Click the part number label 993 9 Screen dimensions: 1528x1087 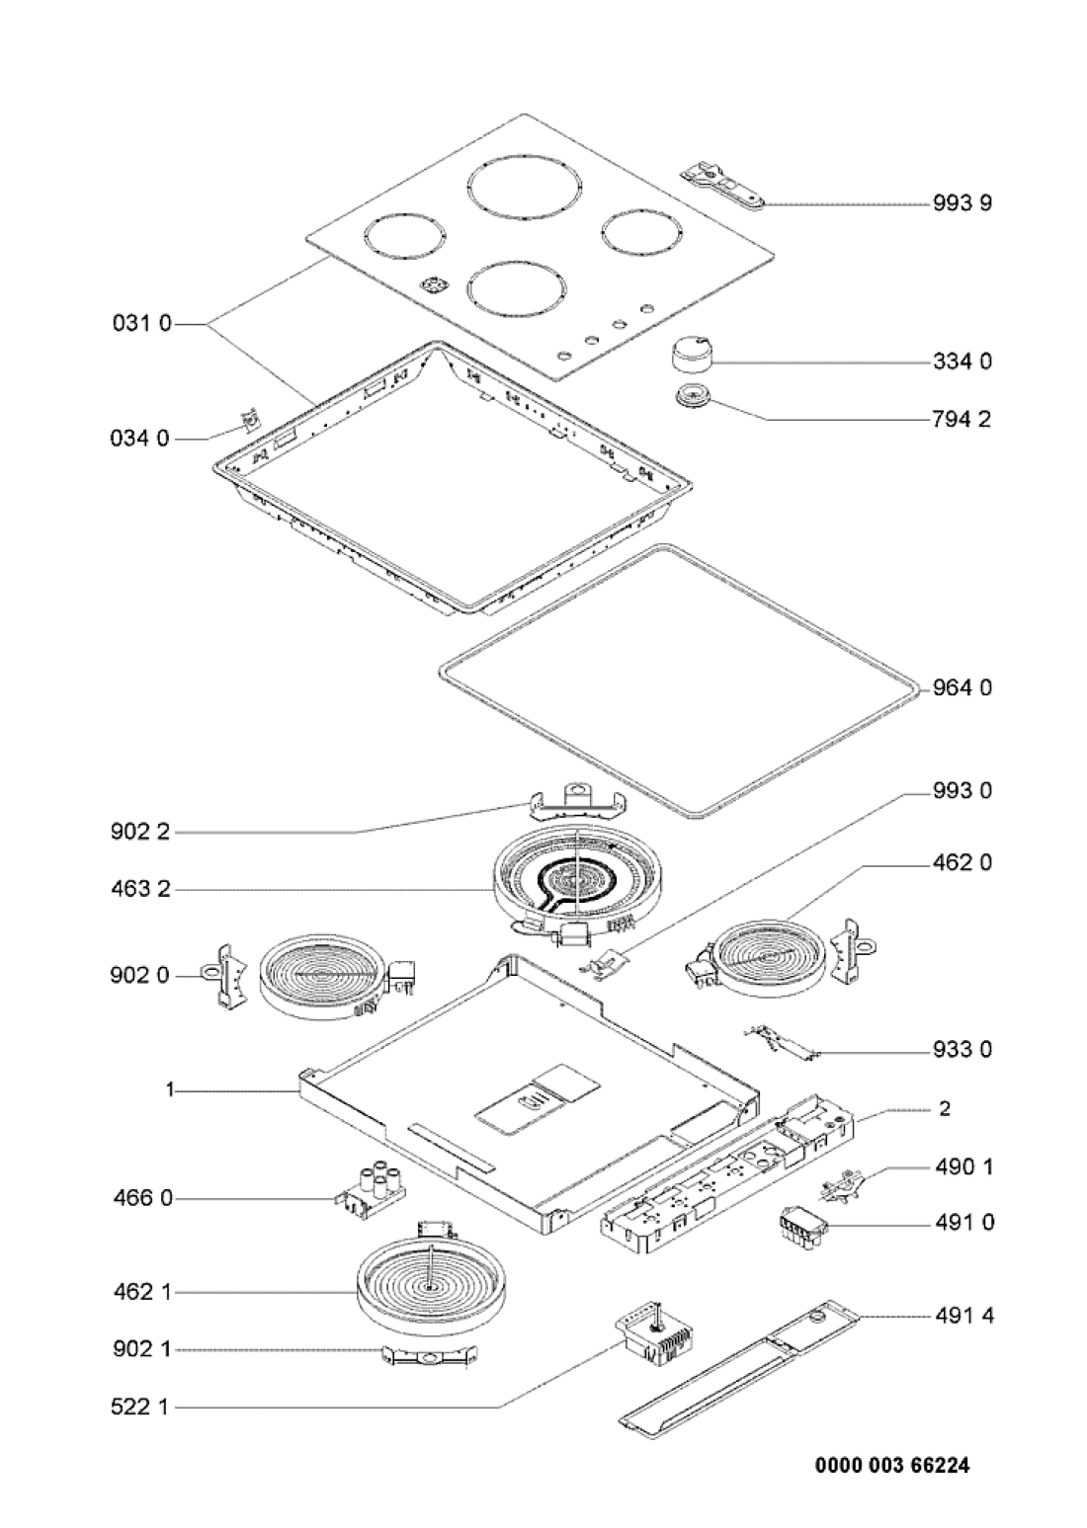[x=961, y=203]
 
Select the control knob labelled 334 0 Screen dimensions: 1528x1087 [x=690, y=352]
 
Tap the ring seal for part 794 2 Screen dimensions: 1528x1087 [x=687, y=399]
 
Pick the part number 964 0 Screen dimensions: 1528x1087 [x=961, y=687]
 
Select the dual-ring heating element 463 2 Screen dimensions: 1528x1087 [x=567, y=877]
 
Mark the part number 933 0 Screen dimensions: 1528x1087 [x=961, y=1049]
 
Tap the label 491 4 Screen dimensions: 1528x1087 [x=961, y=1316]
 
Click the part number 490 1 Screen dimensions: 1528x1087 [x=961, y=1167]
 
